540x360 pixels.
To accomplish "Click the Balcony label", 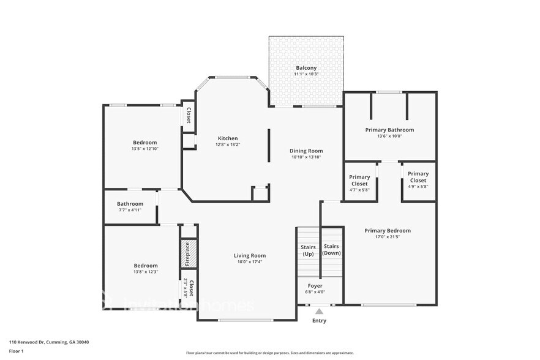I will click(306, 68).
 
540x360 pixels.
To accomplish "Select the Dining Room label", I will click(306, 151).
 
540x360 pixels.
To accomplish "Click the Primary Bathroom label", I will click(389, 130).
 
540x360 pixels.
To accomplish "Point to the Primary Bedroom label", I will click(388, 231).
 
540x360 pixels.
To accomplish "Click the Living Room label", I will click(250, 255).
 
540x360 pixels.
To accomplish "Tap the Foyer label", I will click(315, 286).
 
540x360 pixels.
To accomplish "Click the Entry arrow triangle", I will click(319, 312).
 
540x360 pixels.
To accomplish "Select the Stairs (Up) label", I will click(309, 250).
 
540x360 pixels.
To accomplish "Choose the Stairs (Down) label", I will click(331, 249).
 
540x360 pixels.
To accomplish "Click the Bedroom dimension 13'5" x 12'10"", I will click(144, 149).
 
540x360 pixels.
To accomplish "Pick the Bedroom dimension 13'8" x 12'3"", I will click(146, 272).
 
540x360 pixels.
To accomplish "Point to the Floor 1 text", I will click(16, 351).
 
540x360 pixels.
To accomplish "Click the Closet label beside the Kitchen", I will click(189, 115).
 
